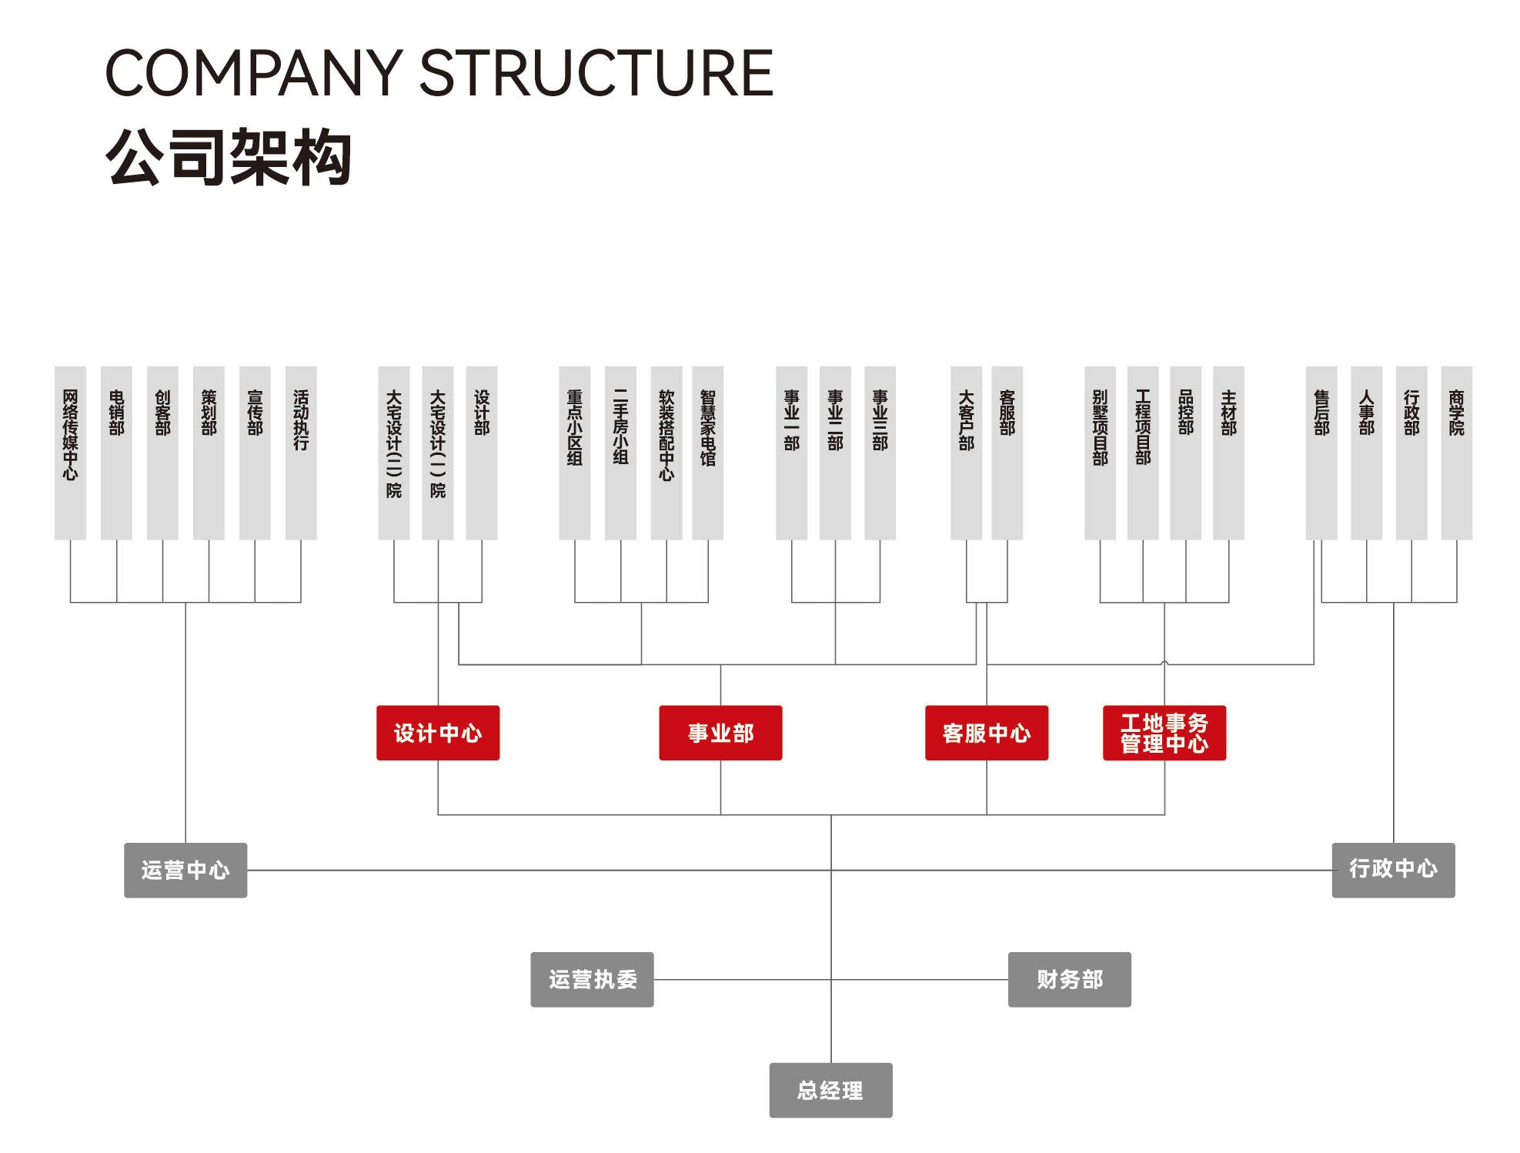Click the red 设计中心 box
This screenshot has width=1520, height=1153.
click(437, 733)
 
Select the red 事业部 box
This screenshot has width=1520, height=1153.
click(720, 733)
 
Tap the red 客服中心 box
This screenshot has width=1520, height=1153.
click(986, 733)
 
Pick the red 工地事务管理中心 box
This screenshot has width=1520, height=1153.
click(1164, 733)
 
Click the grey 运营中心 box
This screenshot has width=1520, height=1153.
click(185, 870)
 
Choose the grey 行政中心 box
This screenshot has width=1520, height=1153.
click(1393, 870)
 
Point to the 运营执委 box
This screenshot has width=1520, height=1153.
click(592, 979)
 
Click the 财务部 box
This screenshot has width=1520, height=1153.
click(1069, 979)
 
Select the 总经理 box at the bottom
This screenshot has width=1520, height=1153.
click(830, 1090)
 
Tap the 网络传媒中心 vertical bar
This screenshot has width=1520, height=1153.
click(70, 453)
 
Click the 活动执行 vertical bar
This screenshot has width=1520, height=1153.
click(301, 453)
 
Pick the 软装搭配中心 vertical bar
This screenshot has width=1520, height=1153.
click(666, 453)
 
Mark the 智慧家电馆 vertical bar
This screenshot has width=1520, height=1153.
click(707, 453)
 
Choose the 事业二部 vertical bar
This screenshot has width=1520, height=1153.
click(835, 453)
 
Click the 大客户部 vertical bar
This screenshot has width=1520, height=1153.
click(966, 453)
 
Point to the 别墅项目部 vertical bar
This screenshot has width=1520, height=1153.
click(1100, 453)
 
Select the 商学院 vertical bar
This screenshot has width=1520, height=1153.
click(1456, 453)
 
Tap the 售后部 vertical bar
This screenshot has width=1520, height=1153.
click(1321, 453)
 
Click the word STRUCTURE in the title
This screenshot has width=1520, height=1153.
click(596, 73)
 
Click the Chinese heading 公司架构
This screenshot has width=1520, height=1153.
click(229, 158)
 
